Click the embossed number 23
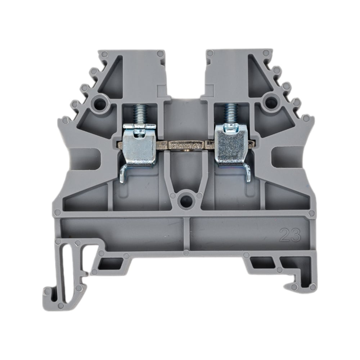pyautogui.click(x=291, y=235)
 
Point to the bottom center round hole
pyautogui.click(x=185, y=201)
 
